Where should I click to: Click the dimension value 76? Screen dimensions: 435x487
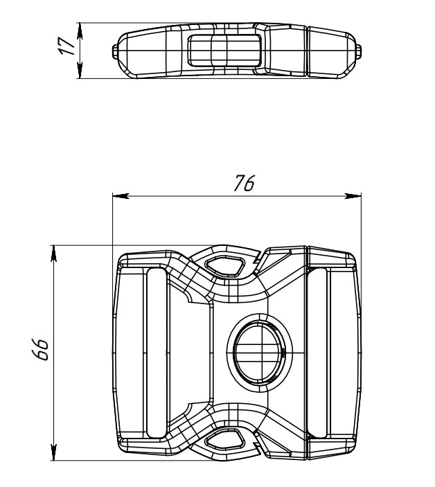pos(244,183)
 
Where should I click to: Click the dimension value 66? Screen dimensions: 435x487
pos(40,349)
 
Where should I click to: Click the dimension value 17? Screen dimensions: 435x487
pos(67,46)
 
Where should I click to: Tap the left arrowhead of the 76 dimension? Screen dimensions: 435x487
pos(121,195)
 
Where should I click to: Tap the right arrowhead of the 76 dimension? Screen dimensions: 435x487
pos(353,195)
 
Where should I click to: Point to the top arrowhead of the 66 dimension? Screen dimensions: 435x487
pos(54,253)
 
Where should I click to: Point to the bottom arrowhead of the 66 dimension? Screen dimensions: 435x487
pos(54,452)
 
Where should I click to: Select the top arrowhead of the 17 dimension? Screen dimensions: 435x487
pos(80,30)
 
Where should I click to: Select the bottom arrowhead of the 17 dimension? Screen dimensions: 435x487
pos(80,70)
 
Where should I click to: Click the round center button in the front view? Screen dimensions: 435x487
pos(260,353)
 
